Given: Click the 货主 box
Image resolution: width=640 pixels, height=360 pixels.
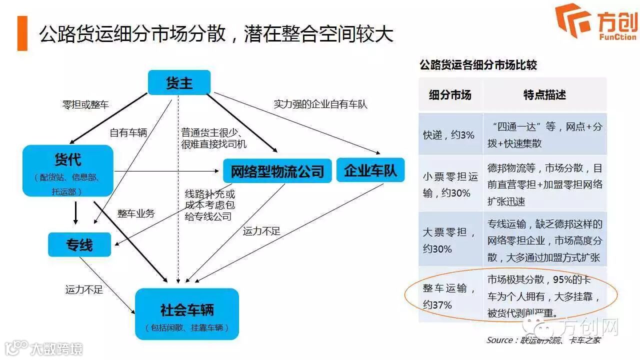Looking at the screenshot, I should tap(179, 82).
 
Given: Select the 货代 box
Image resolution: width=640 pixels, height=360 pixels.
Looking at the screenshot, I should tap(67, 170).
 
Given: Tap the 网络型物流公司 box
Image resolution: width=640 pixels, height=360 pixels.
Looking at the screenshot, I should tap(277, 171).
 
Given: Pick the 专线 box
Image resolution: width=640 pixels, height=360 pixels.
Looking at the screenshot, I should tap(79, 244).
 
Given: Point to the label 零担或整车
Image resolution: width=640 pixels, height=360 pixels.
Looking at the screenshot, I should tap(85, 104).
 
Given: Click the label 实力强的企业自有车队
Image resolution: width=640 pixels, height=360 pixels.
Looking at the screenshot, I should tap(320, 104).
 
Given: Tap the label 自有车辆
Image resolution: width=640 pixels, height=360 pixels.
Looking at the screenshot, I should tap(128, 132).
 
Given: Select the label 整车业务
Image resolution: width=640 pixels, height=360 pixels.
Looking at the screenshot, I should tap(136, 213).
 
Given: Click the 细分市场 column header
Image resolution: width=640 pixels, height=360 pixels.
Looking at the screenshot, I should tap(450, 94).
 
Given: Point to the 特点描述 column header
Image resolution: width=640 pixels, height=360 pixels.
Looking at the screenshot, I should tap(544, 94).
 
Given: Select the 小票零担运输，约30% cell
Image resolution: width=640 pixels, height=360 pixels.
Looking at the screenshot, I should tap(450, 184).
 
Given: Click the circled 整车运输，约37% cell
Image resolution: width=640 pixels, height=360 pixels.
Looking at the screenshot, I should tap(450, 296).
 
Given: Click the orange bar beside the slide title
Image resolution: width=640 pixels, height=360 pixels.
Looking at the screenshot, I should tap(22, 33).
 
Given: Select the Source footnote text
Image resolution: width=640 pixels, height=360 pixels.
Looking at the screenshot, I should tap(543, 340).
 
